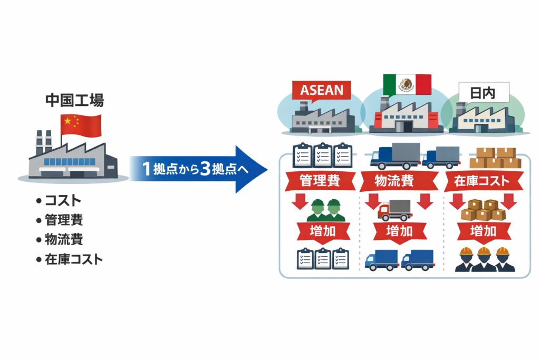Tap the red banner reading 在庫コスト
pos(482,181)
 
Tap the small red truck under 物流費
pos(395,209)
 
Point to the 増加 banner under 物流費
pos(400,230)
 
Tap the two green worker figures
pos(325,210)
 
